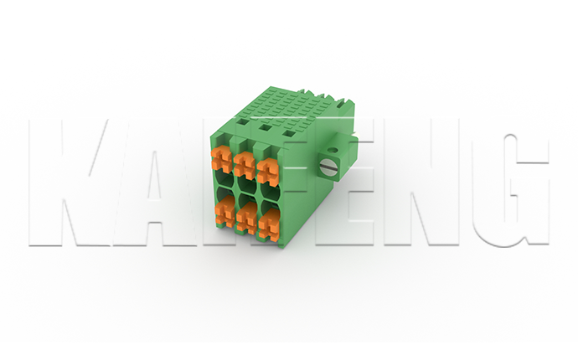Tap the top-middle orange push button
pyautogui.click(x=245, y=162)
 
